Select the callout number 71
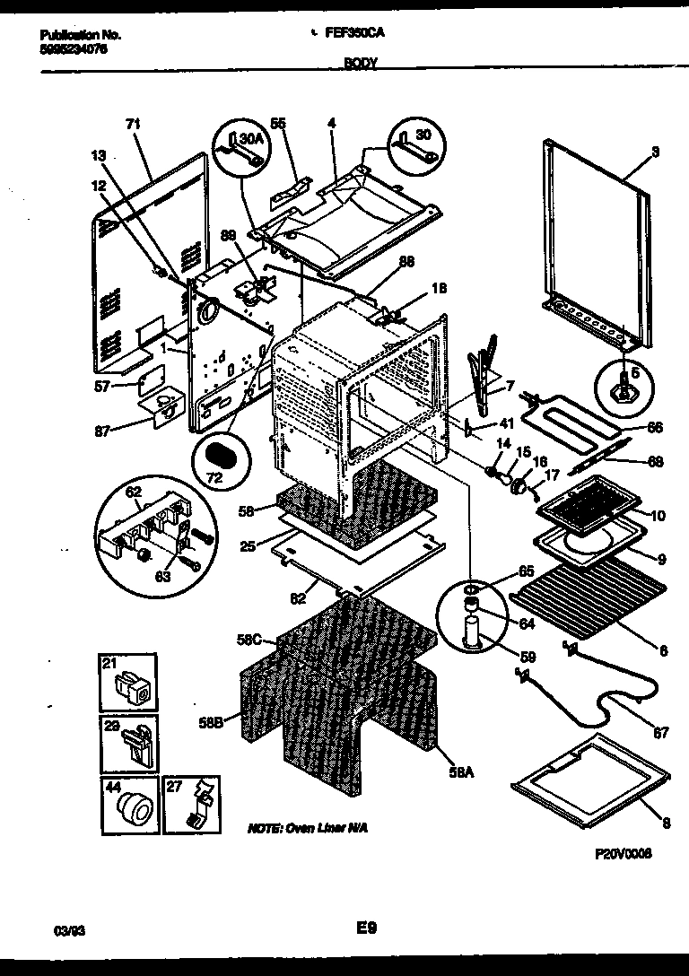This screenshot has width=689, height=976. pos(134,123)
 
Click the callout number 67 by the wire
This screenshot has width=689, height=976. pos(659,733)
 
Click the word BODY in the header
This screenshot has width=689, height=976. pos(360,65)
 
